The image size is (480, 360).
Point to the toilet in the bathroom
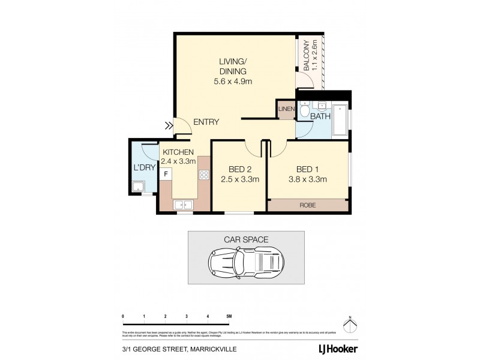pyautogui.click(x=304, y=111)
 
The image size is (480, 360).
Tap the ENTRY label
pyautogui.click(x=206, y=122)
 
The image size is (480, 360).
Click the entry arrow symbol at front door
pyautogui.click(x=169, y=126)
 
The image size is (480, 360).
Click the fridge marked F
pyautogui.click(x=166, y=173)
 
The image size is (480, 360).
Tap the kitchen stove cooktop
pyautogui.click(x=203, y=175)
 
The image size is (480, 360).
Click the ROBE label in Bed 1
pyautogui.click(x=308, y=205)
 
